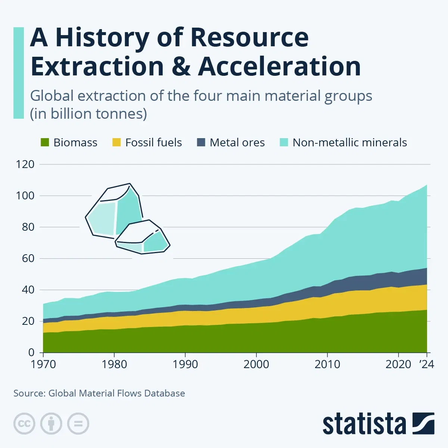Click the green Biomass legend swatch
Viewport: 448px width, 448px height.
click(x=45, y=142)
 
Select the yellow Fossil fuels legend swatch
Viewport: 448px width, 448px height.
click(x=116, y=142)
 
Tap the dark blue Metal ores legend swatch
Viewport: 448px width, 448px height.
click(x=201, y=142)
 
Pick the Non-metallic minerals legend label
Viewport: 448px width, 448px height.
click(x=349, y=142)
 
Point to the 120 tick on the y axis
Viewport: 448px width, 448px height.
click(x=25, y=164)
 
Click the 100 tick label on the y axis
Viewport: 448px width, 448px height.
click(x=25, y=196)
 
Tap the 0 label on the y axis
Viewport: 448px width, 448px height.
click(x=31, y=352)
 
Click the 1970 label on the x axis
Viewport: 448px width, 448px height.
click(x=43, y=364)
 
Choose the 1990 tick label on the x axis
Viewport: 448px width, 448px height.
click(x=185, y=364)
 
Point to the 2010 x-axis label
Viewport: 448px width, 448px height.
click(x=327, y=364)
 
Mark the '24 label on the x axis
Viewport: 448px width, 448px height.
click(x=426, y=364)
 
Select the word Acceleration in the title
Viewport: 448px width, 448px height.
click(x=279, y=66)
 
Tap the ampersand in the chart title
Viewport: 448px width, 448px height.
click(x=181, y=66)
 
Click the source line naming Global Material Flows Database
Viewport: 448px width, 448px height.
click(x=99, y=393)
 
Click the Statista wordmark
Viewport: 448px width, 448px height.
click(x=364, y=424)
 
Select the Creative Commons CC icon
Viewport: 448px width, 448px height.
click(x=24, y=423)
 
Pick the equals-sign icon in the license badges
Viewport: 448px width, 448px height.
click(x=78, y=423)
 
